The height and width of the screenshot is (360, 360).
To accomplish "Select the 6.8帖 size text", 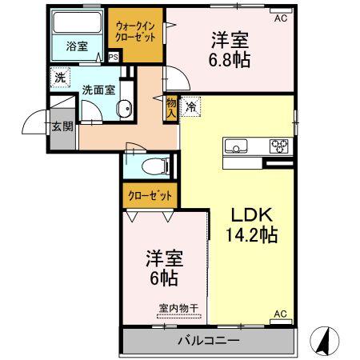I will pyautogui.click(x=228, y=60).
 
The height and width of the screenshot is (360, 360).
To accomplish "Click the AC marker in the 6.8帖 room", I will pyautogui.click(x=280, y=17).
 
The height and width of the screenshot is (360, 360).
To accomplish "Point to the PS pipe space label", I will pyautogui.click(x=113, y=57).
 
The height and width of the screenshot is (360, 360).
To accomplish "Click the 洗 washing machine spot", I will pyautogui.click(x=61, y=78).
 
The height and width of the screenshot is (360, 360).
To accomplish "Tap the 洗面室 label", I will pyautogui.click(x=98, y=90).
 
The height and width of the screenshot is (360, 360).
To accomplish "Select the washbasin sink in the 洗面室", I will pyautogui.click(x=124, y=110).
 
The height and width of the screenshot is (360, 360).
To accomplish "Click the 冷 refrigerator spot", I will pyautogui.click(x=191, y=105).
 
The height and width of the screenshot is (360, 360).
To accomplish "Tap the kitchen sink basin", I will pyautogui.click(x=237, y=146).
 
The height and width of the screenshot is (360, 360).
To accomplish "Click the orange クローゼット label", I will pyautogui.click(x=150, y=194).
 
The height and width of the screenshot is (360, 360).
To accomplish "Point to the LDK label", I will pyautogui.click(x=254, y=215).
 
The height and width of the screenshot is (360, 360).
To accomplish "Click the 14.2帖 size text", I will pyautogui.click(x=254, y=236).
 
